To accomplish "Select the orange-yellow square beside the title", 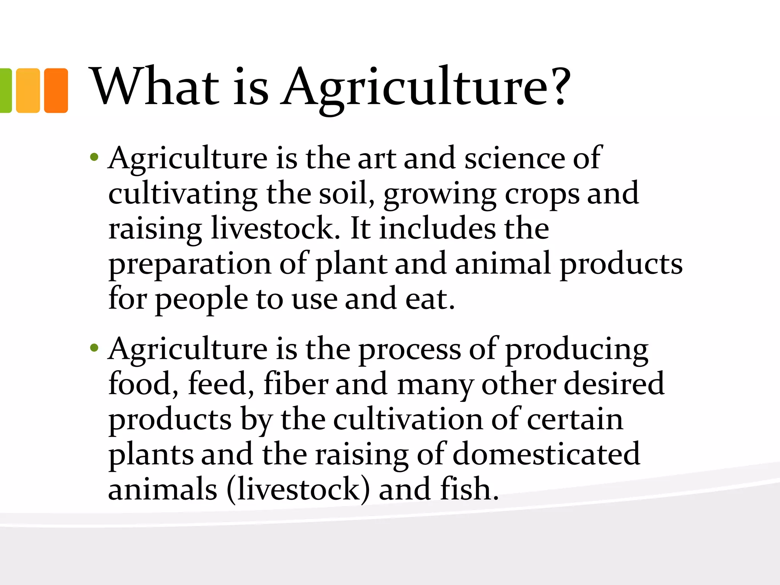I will pos(28,91).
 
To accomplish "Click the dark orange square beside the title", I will pos(56,91).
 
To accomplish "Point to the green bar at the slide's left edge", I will pos(5,91).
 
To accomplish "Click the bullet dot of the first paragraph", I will pos(94,157).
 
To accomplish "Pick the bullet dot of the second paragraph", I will pos(94,348).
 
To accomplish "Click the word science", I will pos(515,158).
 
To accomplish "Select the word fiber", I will pos(296,384).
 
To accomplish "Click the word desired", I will pos(614,384).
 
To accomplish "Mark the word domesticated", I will pos(547,454).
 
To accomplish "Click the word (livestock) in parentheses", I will pos(298,490).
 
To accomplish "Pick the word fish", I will pos(469,489).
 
